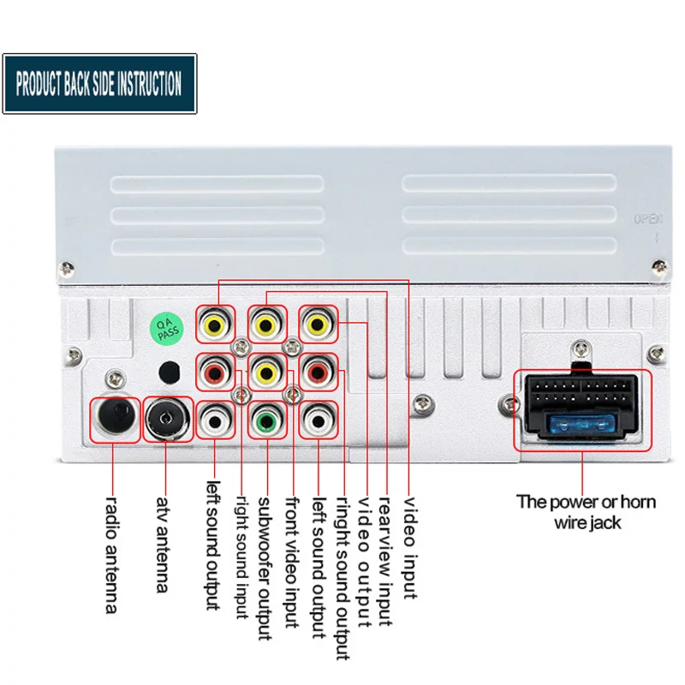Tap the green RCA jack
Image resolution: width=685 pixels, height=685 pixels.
pyautogui.click(x=265, y=420)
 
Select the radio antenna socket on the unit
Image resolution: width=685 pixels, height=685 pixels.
pyautogui.click(x=115, y=418)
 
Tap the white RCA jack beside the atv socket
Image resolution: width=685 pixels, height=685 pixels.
pyautogui.click(x=214, y=420)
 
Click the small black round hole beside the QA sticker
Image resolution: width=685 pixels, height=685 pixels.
pyautogui.click(x=170, y=372)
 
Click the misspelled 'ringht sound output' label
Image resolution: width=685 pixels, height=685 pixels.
pyautogui.click(x=342, y=579)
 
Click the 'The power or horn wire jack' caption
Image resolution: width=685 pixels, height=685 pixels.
pyautogui.click(x=587, y=512)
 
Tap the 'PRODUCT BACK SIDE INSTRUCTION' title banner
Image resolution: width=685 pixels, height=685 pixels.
pyautogui.click(x=98, y=84)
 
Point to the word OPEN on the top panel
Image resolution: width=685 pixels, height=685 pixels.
pyautogui.click(x=647, y=220)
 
